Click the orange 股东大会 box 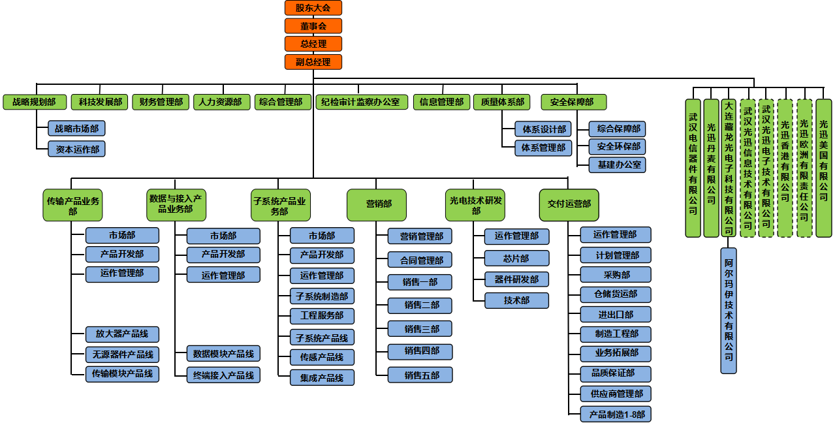[313, 8]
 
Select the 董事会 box [313, 26]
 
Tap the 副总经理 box [313, 62]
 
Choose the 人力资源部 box [220, 102]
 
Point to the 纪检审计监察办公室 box [362, 102]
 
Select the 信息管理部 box [441, 102]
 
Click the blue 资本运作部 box [76, 149]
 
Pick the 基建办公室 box [617, 164]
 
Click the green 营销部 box [377, 204]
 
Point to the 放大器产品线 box [122, 334]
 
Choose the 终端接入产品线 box [223, 375]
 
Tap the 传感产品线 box [322, 358]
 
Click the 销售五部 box [420, 375]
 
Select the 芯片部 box [516, 258]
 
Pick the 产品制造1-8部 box [616, 415]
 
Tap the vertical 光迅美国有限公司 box [823, 167]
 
